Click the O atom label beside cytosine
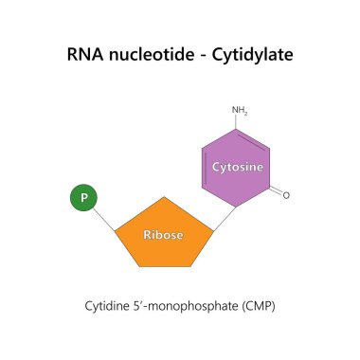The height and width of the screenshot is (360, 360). pyautogui.click(x=286, y=195)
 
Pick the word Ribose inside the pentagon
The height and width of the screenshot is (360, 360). pyautogui.click(x=163, y=234)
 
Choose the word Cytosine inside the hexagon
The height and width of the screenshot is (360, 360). pyautogui.click(x=236, y=167)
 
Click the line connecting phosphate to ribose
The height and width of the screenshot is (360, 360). pyautogui.click(x=105, y=216)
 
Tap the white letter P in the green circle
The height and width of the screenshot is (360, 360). pyautogui.click(x=83, y=198)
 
